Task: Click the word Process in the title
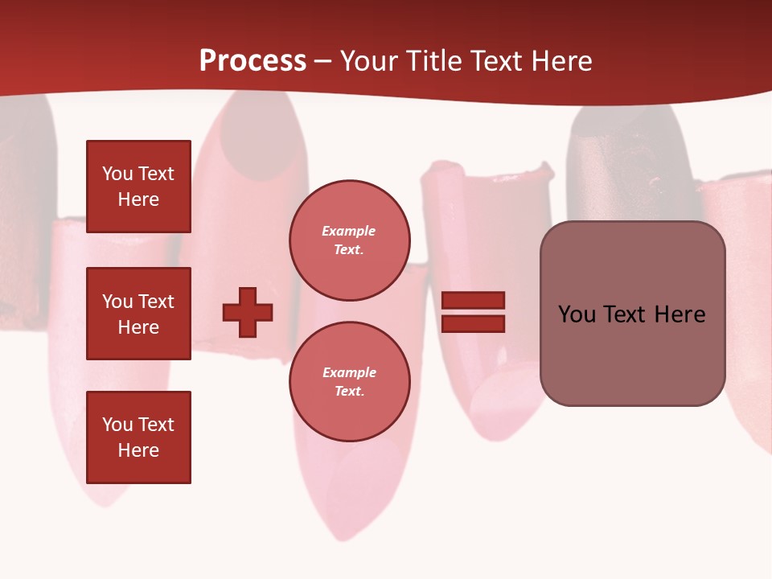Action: click(253, 61)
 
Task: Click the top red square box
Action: click(138, 187)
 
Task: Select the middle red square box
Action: click(138, 314)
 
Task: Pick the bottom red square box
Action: click(138, 437)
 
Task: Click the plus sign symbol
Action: click(248, 312)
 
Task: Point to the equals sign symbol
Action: click(473, 312)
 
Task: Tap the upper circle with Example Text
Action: click(349, 240)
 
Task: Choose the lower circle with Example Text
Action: click(349, 381)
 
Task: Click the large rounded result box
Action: click(632, 314)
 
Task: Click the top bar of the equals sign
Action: click(473, 301)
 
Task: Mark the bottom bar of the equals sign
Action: click(473, 324)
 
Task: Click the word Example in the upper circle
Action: click(349, 231)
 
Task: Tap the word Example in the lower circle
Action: click(349, 372)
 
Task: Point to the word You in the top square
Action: click(117, 174)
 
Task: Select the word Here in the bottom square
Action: click(138, 450)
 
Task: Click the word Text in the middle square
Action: click(155, 302)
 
